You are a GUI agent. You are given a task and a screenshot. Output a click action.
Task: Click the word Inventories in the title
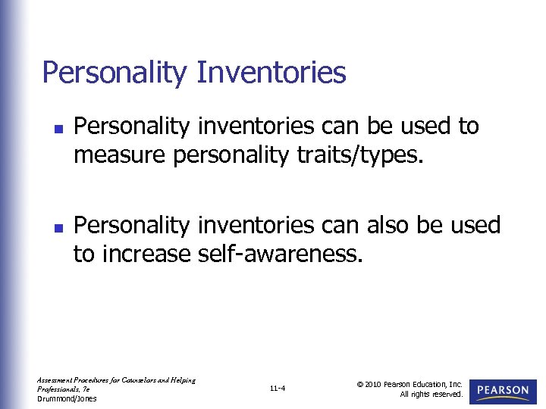pyautogui.click(x=271, y=73)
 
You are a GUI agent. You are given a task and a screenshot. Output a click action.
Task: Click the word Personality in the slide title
pyautogui.click(x=115, y=73)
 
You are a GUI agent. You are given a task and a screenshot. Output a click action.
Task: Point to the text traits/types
pyautogui.click(x=355, y=155)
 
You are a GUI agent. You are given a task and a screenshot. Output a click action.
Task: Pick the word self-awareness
pyautogui.click(x=281, y=254)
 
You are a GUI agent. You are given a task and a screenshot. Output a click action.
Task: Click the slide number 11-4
pyautogui.click(x=277, y=389)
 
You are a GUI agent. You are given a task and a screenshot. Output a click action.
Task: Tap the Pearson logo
pyautogui.click(x=503, y=391)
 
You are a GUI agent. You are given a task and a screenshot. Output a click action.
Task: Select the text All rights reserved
pyautogui.click(x=431, y=395)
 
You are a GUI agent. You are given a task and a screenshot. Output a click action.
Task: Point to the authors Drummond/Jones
pyautogui.click(x=67, y=398)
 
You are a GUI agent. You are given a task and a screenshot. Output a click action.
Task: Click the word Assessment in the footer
pyautogui.click(x=54, y=380)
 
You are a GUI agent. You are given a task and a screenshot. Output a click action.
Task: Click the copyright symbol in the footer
pyautogui.click(x=360, y=384)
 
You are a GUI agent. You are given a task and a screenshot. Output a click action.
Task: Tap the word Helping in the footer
pyautogui.click(x=182, y=380)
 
